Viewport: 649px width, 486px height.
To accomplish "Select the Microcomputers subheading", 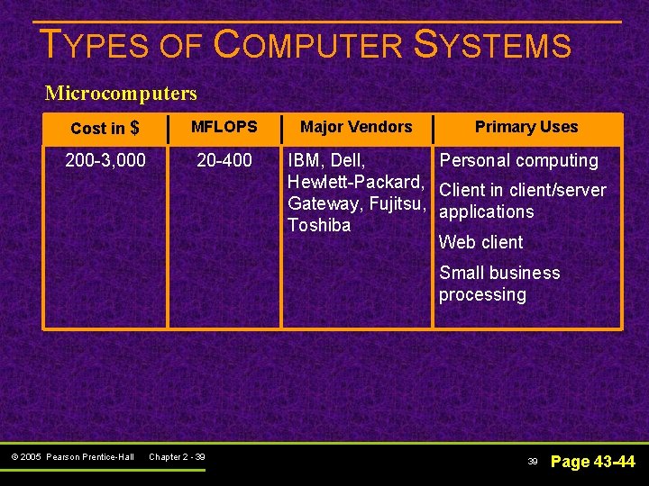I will tap(121, 93).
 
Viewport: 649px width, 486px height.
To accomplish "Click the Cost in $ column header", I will tap(105, 129).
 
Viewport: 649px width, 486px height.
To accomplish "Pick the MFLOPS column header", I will tap(224, 127).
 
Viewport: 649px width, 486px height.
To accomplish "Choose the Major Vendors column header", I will tap(356, 127).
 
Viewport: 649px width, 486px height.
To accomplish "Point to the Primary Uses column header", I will tap(526, 127).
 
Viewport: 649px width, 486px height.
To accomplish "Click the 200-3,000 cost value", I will tap(105, 161).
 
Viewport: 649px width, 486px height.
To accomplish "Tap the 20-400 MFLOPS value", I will tap(224, 161).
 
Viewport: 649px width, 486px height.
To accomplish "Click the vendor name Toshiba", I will tap(319, 225).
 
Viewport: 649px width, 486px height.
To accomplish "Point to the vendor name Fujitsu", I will tap(396, 204).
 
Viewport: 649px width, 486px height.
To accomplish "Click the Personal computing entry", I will tap(518, 161).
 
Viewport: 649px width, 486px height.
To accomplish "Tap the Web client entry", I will tap(480, 242).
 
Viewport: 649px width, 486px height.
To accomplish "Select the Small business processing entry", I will tap(498, 283).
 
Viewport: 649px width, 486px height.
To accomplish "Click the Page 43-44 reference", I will tap(592, 462).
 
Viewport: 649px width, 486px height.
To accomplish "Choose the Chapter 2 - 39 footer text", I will tap(177, 457).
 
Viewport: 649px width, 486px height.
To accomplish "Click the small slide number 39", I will tap(533, 462).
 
